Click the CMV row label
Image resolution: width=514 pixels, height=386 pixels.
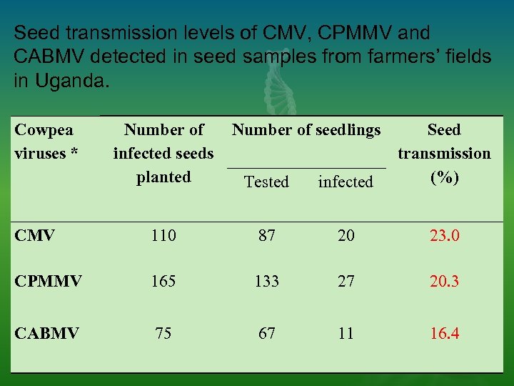(x=35, y=235)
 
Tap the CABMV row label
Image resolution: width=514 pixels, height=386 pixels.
(x=46, y=333)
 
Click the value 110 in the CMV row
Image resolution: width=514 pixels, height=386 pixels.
(x=163, y=235)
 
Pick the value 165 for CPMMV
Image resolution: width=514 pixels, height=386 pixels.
(x=163, y=281)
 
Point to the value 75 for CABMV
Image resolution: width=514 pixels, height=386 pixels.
(x=163, y=333)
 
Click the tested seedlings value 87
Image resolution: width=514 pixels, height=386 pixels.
(x=266, y=235)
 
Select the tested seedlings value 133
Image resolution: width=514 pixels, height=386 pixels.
(x=266, y=281)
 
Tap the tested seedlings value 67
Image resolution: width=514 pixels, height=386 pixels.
(x=266, y=333)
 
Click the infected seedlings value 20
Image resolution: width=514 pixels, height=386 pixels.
(x=346, y=235)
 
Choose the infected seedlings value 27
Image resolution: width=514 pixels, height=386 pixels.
(x=346, y=281)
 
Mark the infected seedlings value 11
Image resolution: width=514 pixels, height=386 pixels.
(x=346, y=333)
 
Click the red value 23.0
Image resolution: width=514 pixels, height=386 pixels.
(x=444, y=235)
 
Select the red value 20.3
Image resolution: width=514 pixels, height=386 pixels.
(x=444, y=281)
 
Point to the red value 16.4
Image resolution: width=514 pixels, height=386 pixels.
(x=444, y=333)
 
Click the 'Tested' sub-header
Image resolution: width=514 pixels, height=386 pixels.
(x=266, y=182)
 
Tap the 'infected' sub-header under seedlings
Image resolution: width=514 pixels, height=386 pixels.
(x=346, y=182)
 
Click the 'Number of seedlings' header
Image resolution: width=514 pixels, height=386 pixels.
(x=306, y=130)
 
